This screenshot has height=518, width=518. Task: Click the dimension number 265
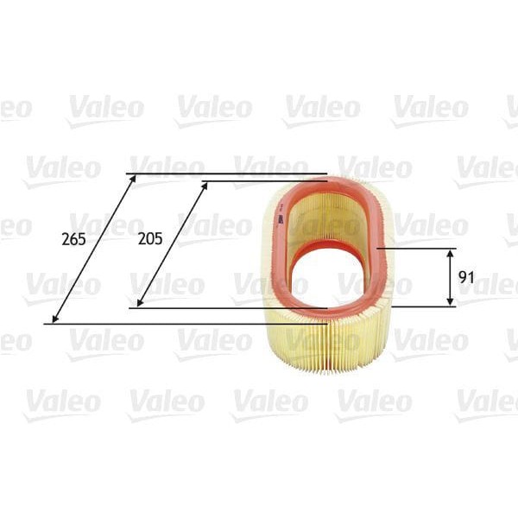(x=74, y=239)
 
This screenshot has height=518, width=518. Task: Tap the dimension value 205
(x=149, y=239)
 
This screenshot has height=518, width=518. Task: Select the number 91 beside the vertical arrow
(x=467, y=277)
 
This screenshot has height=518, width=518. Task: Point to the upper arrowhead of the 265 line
(x=135, y=177)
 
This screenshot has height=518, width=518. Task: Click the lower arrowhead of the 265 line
(x=54, y=320)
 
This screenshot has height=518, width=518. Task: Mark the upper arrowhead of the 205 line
(x=206, y=184)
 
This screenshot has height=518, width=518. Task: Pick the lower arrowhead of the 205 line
(x=139, y=304)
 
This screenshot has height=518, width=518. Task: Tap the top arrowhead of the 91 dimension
(x=450, y=251)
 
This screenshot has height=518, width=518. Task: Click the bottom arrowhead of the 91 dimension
(x=450, y=302)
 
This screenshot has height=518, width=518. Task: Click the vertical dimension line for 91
(x=450, y=276)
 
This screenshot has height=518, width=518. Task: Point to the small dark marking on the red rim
(x=281, y=218)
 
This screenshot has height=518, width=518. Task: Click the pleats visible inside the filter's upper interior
(x=328, y=216)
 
